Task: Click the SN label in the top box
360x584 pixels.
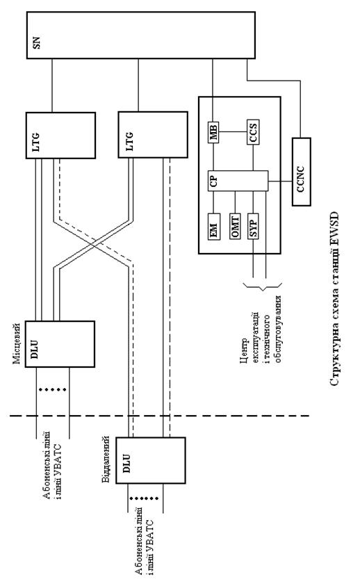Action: click(36, 42)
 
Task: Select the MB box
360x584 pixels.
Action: click(213, 132)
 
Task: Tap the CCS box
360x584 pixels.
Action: click(253, 132)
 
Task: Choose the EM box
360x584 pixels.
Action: click(214, 227)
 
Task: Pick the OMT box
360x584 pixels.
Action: click(235, 226)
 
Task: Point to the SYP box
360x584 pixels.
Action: click(253, 226)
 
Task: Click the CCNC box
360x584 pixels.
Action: click(301, 172)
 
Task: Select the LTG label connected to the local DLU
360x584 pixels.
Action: click(36, 142)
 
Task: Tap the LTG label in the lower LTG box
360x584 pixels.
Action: click(129, 141)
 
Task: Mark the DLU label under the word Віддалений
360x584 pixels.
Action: click(126, 463)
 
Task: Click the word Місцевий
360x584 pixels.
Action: click(17, 343)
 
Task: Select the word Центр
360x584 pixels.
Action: click(244, 351)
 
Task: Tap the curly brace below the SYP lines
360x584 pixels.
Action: click(263, 286)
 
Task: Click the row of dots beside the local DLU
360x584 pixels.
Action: click(53, 389)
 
